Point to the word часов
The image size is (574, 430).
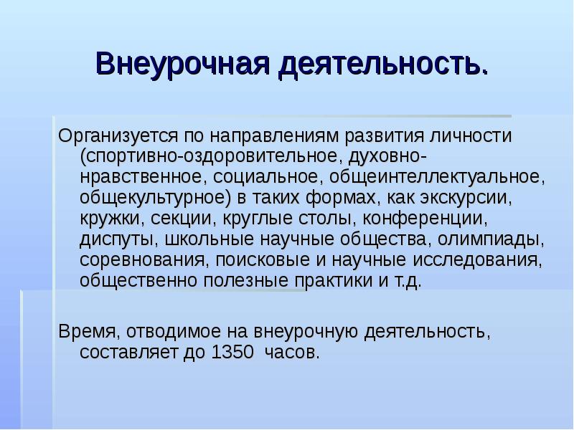click(x=291, y=353)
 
